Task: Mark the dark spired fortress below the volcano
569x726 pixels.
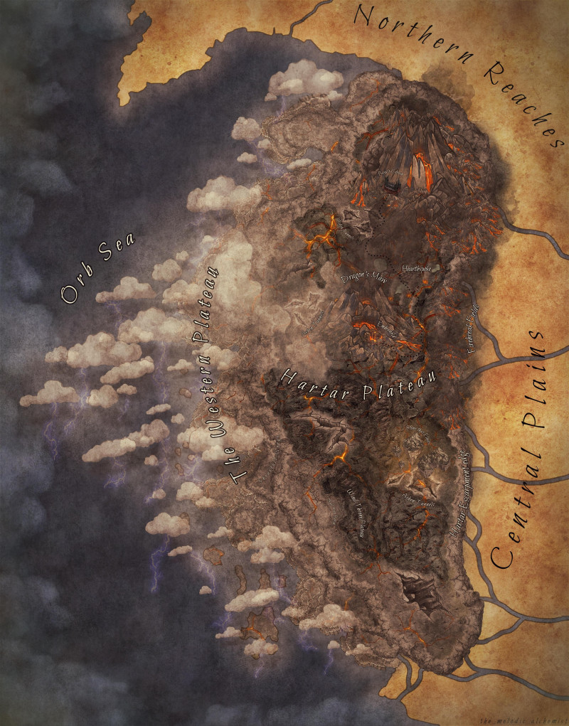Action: (392, 184)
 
